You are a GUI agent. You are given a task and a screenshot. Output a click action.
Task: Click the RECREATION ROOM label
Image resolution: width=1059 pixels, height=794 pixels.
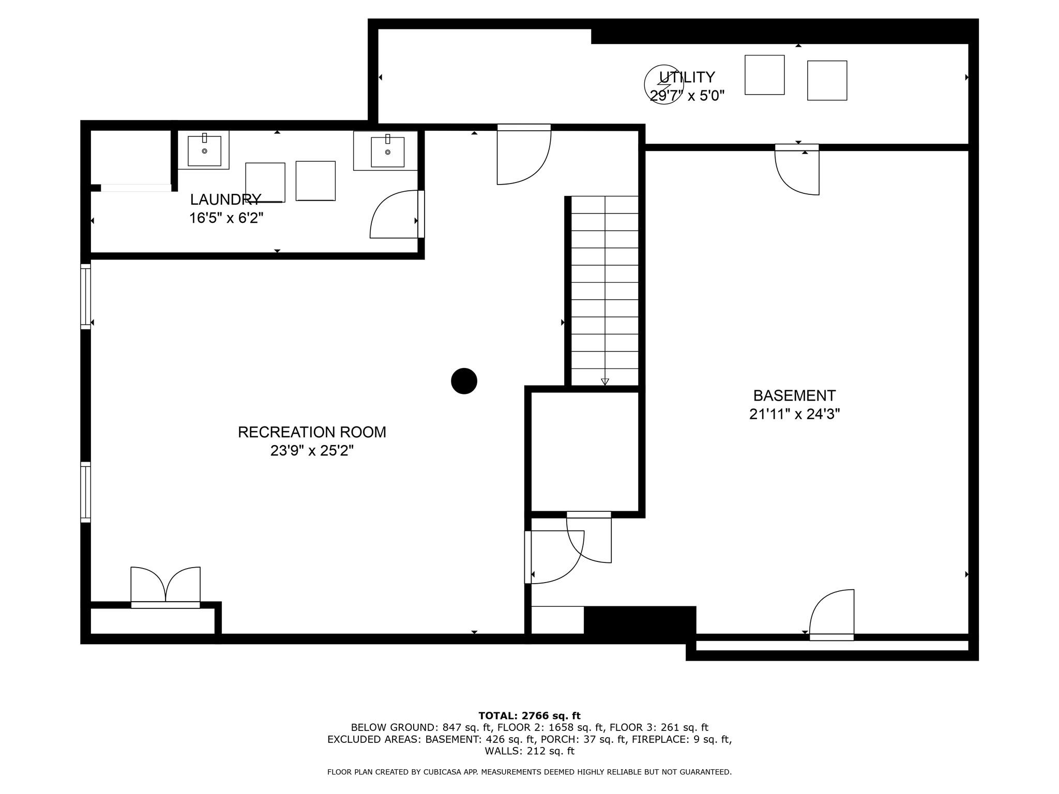point(312,432)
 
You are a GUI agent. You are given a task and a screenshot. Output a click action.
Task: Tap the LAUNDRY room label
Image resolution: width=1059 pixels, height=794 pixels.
point(225,200)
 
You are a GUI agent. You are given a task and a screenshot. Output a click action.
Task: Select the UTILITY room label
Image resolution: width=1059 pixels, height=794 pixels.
point(687,77)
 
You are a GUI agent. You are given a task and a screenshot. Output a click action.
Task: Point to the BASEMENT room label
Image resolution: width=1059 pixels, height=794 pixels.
point(794,395)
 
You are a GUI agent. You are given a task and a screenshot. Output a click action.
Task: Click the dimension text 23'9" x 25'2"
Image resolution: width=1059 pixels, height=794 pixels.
point(312,451)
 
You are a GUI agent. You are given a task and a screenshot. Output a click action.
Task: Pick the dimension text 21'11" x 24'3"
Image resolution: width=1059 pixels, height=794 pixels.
point(794,414)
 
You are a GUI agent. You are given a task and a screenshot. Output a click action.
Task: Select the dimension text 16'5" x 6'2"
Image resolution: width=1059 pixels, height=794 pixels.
point(226,218)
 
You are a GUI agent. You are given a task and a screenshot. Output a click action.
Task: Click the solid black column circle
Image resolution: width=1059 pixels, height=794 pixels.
point(464,381)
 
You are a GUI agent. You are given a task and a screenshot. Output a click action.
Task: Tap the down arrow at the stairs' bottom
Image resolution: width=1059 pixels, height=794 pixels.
point(605,382)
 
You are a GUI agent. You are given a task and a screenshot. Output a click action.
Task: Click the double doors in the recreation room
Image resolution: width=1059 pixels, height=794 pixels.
point(165,587)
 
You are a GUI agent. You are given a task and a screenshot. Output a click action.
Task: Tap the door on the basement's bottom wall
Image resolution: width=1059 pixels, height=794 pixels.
point(831,615)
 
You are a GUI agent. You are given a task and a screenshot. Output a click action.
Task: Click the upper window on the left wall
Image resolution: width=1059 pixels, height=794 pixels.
point(85,296)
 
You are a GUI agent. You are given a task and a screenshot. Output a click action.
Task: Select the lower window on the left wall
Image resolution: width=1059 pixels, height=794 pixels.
point(85,492)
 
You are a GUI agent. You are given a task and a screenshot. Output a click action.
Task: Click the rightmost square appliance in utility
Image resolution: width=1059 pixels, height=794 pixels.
point(827,81)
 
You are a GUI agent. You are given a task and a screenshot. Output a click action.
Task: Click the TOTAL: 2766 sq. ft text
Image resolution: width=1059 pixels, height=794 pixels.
point(529,716)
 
